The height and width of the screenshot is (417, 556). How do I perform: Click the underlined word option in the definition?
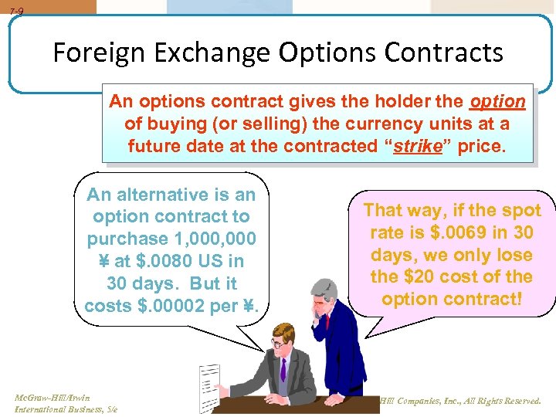coord(497,102)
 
